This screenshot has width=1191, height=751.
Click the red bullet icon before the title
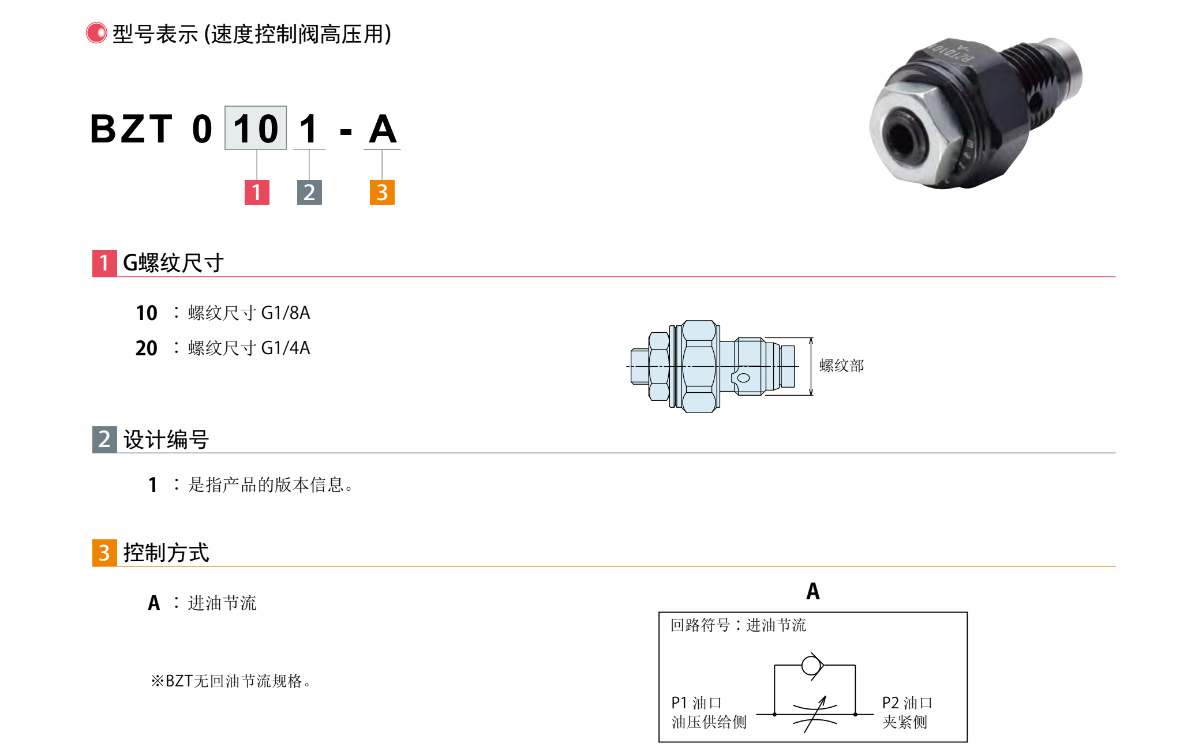point(96,33)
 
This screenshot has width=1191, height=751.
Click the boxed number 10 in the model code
point(256,128)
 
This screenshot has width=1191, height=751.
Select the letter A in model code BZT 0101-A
point(383,129)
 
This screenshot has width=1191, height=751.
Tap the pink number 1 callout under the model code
point(257,192)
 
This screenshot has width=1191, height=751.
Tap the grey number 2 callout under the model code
point(309,192)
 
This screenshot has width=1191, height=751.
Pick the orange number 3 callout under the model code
point(382,192)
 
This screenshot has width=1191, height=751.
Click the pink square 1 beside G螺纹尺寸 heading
point(104,263)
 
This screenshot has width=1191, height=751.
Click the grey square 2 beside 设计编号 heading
point(104,440)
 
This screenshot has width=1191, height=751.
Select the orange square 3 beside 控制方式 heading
point(104,553)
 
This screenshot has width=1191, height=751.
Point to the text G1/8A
point(286,313)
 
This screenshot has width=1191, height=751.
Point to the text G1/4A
point(286,348)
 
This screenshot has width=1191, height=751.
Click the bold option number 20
point(146,348)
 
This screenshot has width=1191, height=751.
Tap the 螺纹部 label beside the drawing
point(841,366)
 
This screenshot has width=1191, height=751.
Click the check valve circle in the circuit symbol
point(811,666)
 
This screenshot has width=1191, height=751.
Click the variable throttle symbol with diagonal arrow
point(815,714)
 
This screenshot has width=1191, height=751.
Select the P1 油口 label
point(696,703)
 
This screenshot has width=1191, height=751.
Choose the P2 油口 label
point(907,703)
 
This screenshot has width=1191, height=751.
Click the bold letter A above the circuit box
point(813,591)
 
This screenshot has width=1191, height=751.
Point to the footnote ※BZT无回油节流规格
point(231,681)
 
